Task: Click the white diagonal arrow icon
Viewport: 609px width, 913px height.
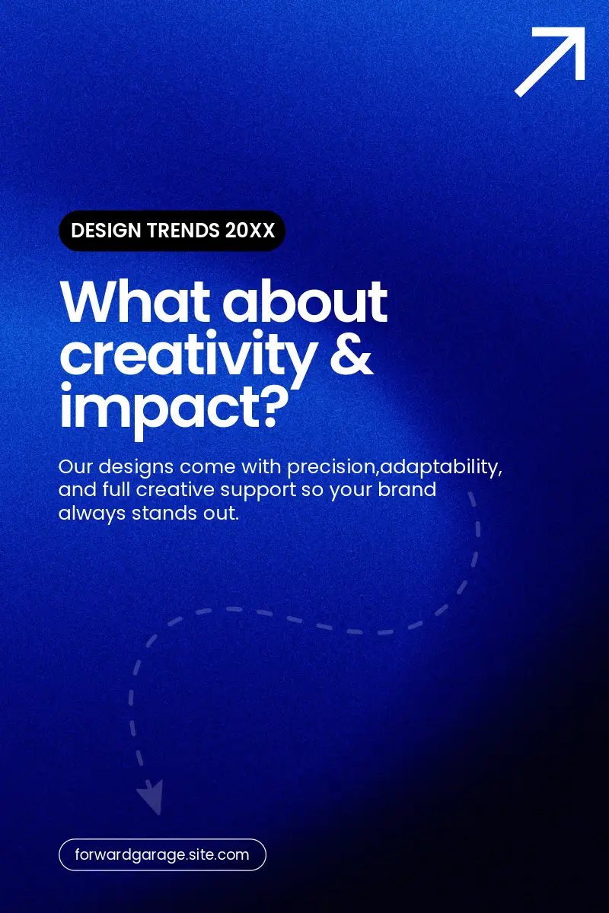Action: [x=550, y=62]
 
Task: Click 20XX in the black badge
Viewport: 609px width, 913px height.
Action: [x=250, y=231]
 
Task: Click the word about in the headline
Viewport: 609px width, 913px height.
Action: [x=304, y=302]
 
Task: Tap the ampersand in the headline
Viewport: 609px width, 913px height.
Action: [x=351, y=353]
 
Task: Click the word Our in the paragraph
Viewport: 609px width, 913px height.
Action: [x=75, y=466]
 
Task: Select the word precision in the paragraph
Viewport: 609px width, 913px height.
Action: [x=330, y=467]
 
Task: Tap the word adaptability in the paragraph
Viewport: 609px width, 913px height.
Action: [x=441, y=467]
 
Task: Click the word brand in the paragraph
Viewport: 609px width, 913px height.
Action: [x=407, y=489]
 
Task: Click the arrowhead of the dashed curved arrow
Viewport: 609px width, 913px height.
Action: [x=151, y=797]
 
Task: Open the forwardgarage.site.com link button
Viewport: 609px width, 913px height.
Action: [x=162, y=854]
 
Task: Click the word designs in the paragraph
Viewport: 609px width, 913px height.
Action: [x=136, y=467]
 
